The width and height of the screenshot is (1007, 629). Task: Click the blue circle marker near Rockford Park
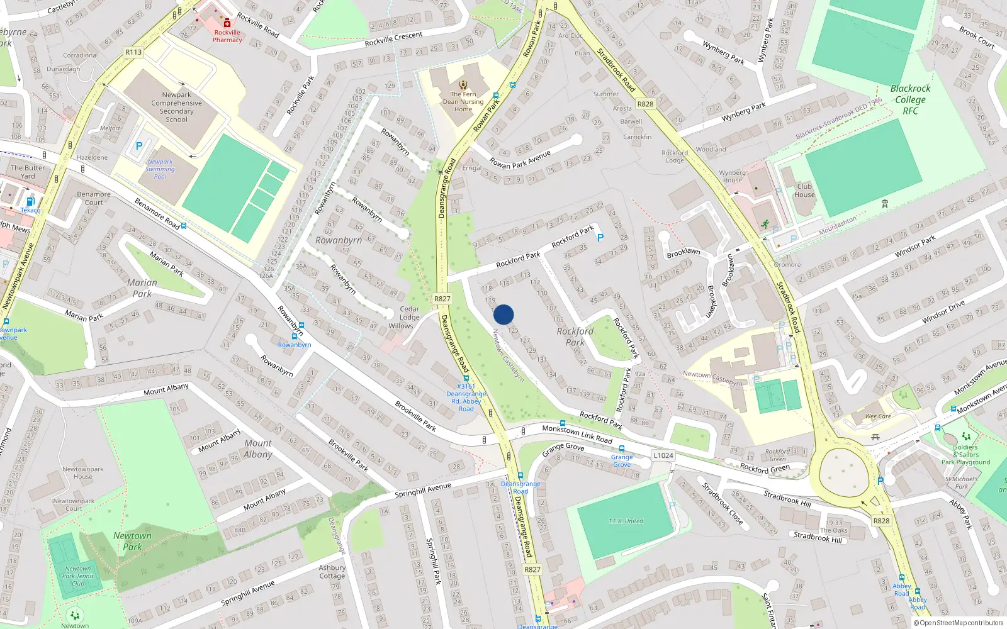[x=503, y=314]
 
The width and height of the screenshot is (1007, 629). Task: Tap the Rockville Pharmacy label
[x=227, y=36]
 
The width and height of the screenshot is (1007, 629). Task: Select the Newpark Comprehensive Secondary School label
[x=176, y=107]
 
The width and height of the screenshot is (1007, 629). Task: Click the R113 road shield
[x=133, y=52]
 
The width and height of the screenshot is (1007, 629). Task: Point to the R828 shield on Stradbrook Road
[x=645, y=104]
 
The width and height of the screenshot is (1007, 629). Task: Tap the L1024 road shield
[x=663, y=455]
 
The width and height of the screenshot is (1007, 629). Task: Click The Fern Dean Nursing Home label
[x=463, y=101]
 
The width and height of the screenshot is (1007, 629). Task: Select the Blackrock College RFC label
[x=910, y=99]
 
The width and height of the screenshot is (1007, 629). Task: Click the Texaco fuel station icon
[x=30, y=202]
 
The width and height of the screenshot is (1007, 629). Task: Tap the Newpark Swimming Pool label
[x=160, y=169]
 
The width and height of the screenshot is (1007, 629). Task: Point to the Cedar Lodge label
[x=409, y=313]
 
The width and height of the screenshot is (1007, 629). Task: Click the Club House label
[x=804, y=190]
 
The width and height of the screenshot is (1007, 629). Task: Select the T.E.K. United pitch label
[x=626, y=521]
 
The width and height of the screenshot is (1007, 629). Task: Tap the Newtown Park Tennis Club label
[x=78, y=576]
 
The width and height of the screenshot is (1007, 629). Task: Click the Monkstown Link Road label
[x=577, y=433]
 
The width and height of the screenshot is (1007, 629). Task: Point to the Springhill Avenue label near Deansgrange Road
[x=423, y=490]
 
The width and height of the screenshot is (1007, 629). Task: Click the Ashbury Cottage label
[x=332, y=571]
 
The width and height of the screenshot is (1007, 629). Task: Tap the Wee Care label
[x=878, y=416]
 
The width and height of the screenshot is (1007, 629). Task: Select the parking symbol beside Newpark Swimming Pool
[x=139, y=146]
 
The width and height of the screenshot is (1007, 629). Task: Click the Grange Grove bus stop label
[x=622, y=460]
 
